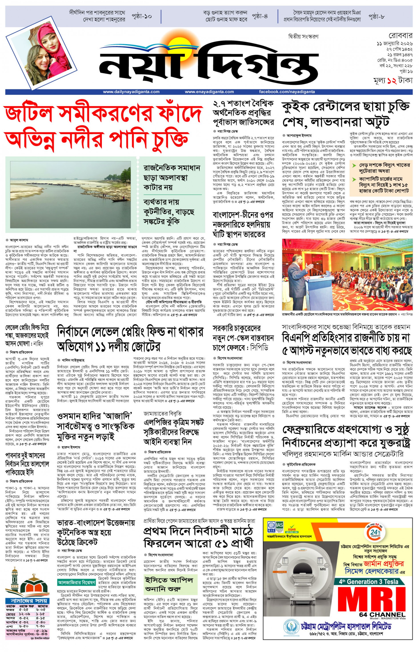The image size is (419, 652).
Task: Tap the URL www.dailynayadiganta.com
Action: click(131, 92)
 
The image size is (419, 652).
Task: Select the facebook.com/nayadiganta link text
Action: click(287, 92)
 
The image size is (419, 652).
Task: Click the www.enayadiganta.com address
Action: click(209, 92)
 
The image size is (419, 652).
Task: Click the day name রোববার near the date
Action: click(400, 36)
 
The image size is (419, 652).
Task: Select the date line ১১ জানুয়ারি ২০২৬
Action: click(395, 44)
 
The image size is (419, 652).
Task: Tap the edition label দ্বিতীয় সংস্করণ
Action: click(303, 37)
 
